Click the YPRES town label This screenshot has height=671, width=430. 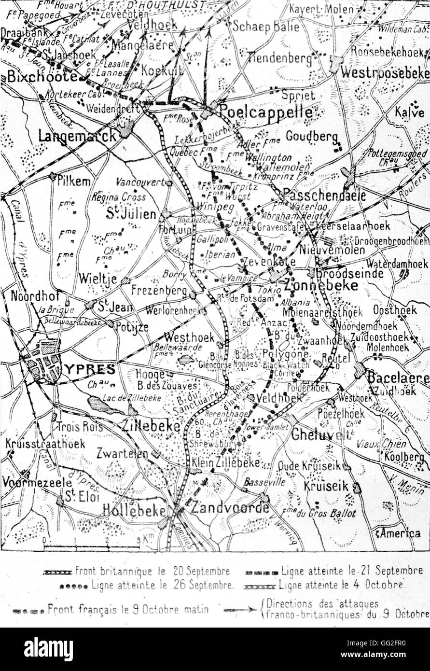[89, 369]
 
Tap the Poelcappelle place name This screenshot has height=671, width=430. [265, 112]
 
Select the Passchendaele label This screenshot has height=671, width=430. [324, 195]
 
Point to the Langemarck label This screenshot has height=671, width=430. [77, 136]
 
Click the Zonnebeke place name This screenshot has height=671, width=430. [321, 285]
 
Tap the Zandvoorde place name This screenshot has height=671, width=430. [230, 508]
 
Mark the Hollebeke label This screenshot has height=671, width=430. [135, 510]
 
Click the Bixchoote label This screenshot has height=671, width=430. [42, 76]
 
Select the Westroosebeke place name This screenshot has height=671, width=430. [385, 72]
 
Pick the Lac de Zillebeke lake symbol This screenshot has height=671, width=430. [105, 405]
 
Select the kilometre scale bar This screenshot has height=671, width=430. [92, 546]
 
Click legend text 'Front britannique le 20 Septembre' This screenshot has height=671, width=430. [152, 572]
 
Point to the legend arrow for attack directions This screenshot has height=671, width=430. [240, 610]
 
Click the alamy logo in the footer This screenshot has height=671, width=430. [48, 649]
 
